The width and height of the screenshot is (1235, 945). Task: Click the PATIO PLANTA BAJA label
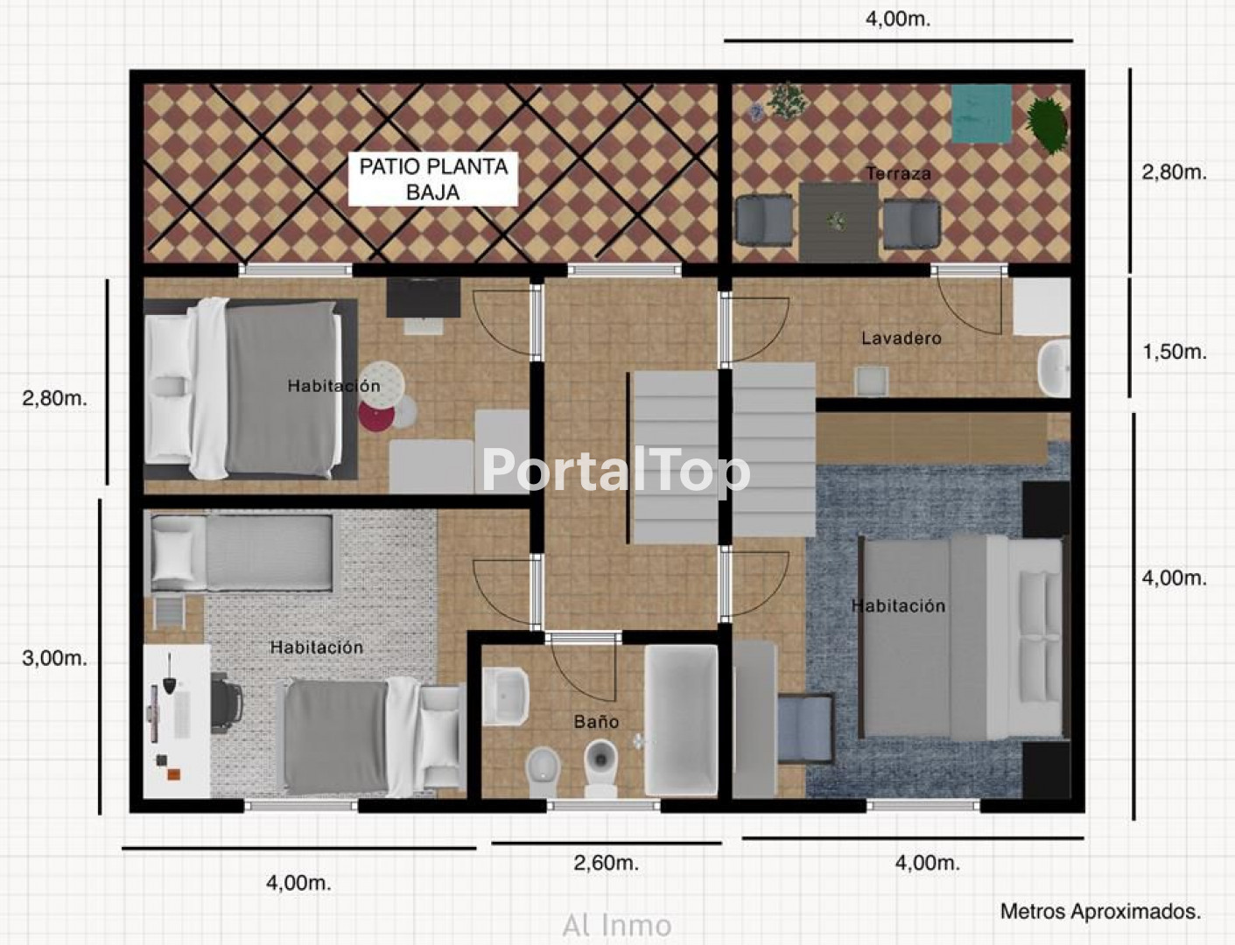433,178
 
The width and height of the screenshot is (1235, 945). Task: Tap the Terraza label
898,173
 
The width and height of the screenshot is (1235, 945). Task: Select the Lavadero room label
902,338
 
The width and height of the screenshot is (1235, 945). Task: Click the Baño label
596,721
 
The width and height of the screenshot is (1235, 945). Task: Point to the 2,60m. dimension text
606,863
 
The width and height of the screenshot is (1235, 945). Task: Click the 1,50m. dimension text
1175,352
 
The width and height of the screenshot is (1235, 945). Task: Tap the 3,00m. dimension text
54,658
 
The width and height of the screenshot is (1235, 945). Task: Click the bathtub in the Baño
681,721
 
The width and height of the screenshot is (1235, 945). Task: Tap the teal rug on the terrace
981,114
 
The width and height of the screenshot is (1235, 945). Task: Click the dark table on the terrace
839,221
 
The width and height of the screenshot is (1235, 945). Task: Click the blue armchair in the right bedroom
805,728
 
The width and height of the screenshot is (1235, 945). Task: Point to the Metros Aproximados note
1100,911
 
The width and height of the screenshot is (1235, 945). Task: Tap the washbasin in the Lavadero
1054,367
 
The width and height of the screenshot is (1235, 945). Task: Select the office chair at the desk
227,703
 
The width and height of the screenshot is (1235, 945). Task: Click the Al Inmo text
617,926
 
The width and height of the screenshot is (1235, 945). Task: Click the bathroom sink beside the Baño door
506,696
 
